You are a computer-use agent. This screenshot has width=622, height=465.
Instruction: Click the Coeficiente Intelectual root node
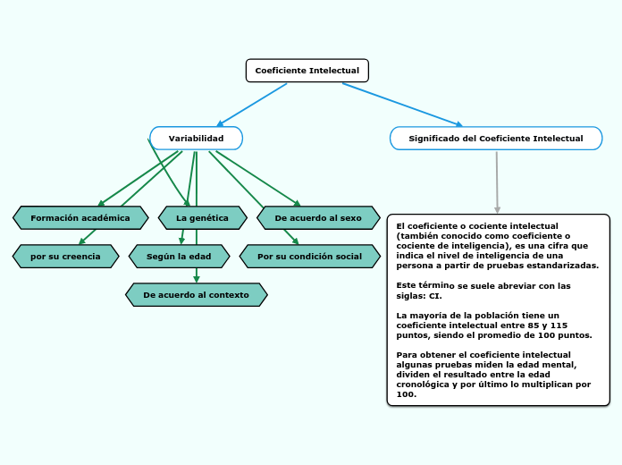[307, 71]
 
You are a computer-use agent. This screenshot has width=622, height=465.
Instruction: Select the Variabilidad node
[196, 139]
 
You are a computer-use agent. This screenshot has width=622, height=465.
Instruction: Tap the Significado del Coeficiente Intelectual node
[495, 139]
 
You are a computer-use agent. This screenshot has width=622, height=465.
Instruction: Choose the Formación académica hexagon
[80, 217]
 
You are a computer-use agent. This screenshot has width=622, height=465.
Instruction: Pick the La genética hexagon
[201, 217]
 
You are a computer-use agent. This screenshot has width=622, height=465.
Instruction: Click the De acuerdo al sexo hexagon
[317, 217]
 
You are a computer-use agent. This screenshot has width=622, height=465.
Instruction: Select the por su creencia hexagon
[65, 257]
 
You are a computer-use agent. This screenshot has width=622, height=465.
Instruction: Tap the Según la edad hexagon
[179, 257]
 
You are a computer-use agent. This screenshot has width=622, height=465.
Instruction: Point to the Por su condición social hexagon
[309, 257]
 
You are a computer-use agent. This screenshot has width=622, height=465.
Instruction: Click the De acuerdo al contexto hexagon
[196, 295]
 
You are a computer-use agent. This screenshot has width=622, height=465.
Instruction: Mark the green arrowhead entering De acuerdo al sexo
[297, 203]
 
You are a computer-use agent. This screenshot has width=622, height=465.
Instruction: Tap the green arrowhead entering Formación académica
[102, 203]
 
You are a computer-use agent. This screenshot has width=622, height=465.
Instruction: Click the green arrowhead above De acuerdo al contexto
[197, 279]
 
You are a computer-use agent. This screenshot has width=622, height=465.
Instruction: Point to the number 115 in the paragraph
[559, 325]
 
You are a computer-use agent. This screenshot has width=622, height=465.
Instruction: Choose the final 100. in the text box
[406, 394]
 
